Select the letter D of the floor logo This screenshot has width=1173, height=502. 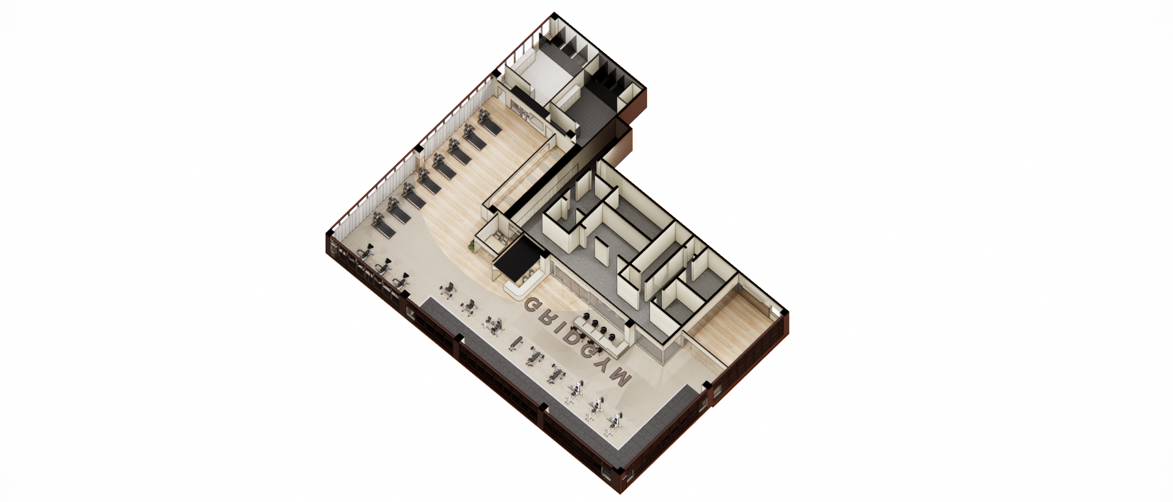point(566,333)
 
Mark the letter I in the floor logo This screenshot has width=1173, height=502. point(555,324)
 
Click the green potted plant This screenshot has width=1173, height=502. point(472,246)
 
